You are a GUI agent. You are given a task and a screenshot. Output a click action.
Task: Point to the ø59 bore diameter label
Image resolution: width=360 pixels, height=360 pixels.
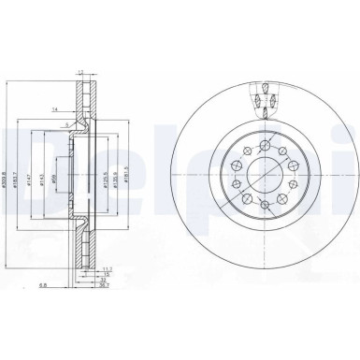[58, 175]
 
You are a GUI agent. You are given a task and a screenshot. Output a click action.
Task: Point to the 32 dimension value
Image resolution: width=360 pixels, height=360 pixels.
[105, 281]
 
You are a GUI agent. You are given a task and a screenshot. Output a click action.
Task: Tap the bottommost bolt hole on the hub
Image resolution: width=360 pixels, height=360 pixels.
[266, 213]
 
